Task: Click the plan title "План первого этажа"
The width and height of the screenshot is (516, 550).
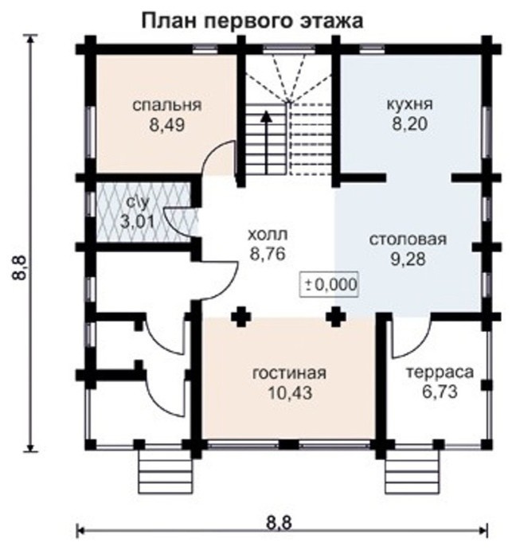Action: [x=252, y=21]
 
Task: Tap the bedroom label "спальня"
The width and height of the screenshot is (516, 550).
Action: [x=167, y=105]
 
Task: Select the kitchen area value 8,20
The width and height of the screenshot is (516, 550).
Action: [x=409, y=124]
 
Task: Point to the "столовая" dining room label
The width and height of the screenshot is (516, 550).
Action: [x=408, y=240]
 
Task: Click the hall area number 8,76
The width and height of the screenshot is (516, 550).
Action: [x=267, y=254]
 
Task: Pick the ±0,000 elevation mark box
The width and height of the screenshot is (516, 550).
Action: [x=329, y=284]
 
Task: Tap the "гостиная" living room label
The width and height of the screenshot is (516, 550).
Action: [x=290, y=373]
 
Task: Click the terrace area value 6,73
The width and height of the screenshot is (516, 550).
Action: [x=440, y=392]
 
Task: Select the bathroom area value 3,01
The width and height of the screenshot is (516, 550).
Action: [x=137, y=222]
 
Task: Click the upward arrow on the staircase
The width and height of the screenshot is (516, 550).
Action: [x=268, y=142]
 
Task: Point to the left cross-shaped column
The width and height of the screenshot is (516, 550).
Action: [x=240, y=317]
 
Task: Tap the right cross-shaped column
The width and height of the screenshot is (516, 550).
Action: [x=336, y=317]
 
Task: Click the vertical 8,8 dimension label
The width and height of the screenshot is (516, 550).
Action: [x=20, y=268]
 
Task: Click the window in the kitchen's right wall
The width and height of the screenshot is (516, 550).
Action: [x=487, y=133]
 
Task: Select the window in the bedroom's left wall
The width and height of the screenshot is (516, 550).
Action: [x=91, y=131]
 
